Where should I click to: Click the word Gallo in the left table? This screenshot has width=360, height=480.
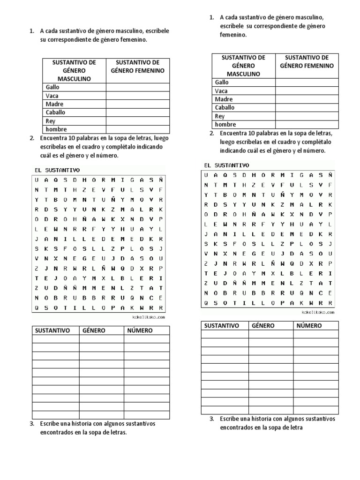coord(52,87)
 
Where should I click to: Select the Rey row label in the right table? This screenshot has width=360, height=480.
coord(220,116)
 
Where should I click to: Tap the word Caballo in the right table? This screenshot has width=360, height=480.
coord(225,108)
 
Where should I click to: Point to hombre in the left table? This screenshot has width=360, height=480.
coord(56,129)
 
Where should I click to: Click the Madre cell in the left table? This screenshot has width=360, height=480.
coord(54,104)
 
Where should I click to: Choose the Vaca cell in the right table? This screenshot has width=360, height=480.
coord(221,91)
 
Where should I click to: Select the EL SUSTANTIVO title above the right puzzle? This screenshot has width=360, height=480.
coord(226,165)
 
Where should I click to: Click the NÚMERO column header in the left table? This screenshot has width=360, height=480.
coord(140,330)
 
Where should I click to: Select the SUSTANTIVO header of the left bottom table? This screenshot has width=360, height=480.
coord(52,330)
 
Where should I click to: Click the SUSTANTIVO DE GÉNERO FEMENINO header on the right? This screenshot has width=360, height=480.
coord(307,61)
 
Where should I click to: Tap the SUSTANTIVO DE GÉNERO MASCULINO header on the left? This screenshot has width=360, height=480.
coord(74,70)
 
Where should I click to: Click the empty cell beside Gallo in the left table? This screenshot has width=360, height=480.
coord(138,87)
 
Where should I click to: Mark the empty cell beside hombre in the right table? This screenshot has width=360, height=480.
coord(307,125)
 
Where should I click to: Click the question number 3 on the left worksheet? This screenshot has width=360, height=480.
coord(31,424)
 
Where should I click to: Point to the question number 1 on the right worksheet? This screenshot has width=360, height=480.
coord(212,18)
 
